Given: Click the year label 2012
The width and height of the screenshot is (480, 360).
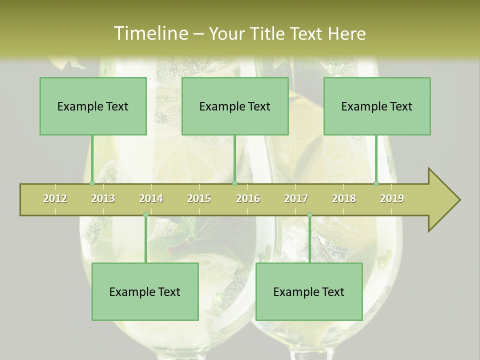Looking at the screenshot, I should click(x=55, y=199).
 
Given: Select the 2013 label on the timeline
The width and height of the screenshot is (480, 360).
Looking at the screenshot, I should click(x=103, y=199).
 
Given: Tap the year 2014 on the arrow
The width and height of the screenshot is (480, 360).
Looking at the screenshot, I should click(x=151, y=199).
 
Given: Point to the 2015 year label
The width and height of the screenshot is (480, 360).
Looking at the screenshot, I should click(x=199, y=199).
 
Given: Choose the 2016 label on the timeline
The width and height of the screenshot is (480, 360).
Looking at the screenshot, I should click(x=248, y=199).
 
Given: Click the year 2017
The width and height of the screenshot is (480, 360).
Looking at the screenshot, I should click(x=296, y=199).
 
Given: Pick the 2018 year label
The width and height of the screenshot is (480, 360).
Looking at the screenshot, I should click(x=344, y=199).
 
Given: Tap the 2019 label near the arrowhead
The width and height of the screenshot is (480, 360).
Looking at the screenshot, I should click(x=392, y=199).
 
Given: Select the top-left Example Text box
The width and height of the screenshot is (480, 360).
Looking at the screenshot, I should click(x=93, y=106).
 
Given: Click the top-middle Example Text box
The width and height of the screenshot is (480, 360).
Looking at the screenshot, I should click(x=235, y=106).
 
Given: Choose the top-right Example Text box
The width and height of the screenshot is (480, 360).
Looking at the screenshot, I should click(x=377, y=106).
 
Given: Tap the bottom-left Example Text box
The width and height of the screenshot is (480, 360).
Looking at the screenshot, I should click(x=145, y=291).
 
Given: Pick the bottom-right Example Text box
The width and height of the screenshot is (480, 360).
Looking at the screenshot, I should click(x=309, y=291).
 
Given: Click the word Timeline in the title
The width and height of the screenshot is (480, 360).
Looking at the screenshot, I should click(x=150, y=33).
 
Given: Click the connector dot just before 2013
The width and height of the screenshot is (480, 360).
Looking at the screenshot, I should click(x=92, y=183).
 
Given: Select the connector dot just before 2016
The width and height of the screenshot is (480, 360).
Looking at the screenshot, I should click(x=234, y=183).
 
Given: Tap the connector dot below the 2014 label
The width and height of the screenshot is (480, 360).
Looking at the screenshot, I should click(x=145, y=215).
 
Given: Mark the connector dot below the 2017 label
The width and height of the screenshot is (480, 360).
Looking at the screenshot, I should click(x=309, y=215).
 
